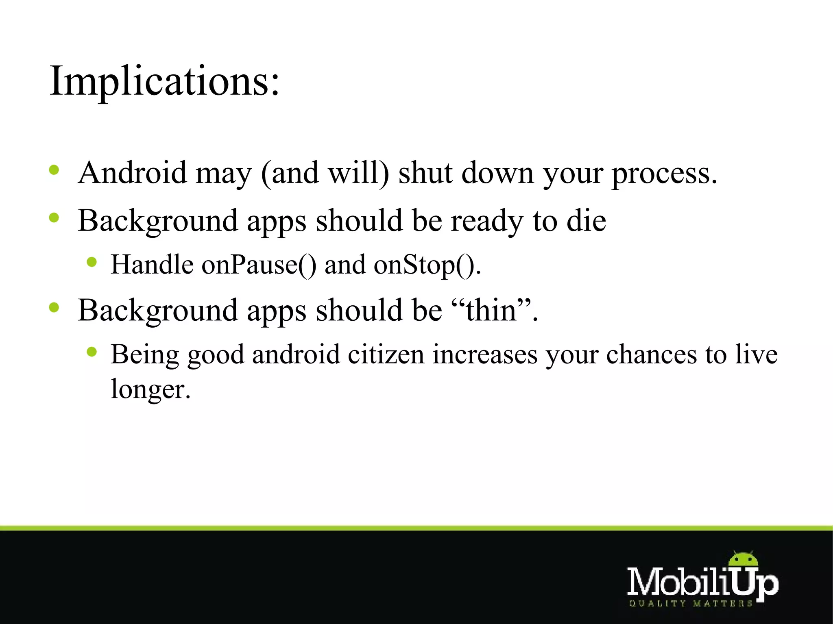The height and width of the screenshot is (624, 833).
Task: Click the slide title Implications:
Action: click(165, 81)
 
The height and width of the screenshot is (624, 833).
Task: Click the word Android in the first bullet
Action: click(132, 173)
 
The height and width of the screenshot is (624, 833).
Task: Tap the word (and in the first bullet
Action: click(290, 173)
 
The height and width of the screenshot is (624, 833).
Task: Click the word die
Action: click(586, 221)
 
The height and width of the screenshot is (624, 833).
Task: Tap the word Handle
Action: click(152, 265)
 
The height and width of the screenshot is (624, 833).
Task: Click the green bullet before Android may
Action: click(54, 170)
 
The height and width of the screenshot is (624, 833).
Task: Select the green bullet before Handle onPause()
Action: click(92, 262)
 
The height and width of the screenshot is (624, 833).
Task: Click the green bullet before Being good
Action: click(92, 352)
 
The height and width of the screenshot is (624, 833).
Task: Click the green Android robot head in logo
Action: click(743, 560)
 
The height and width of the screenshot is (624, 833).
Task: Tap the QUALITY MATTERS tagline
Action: click(690, 604)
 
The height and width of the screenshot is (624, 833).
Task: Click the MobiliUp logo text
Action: click(702, 582)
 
